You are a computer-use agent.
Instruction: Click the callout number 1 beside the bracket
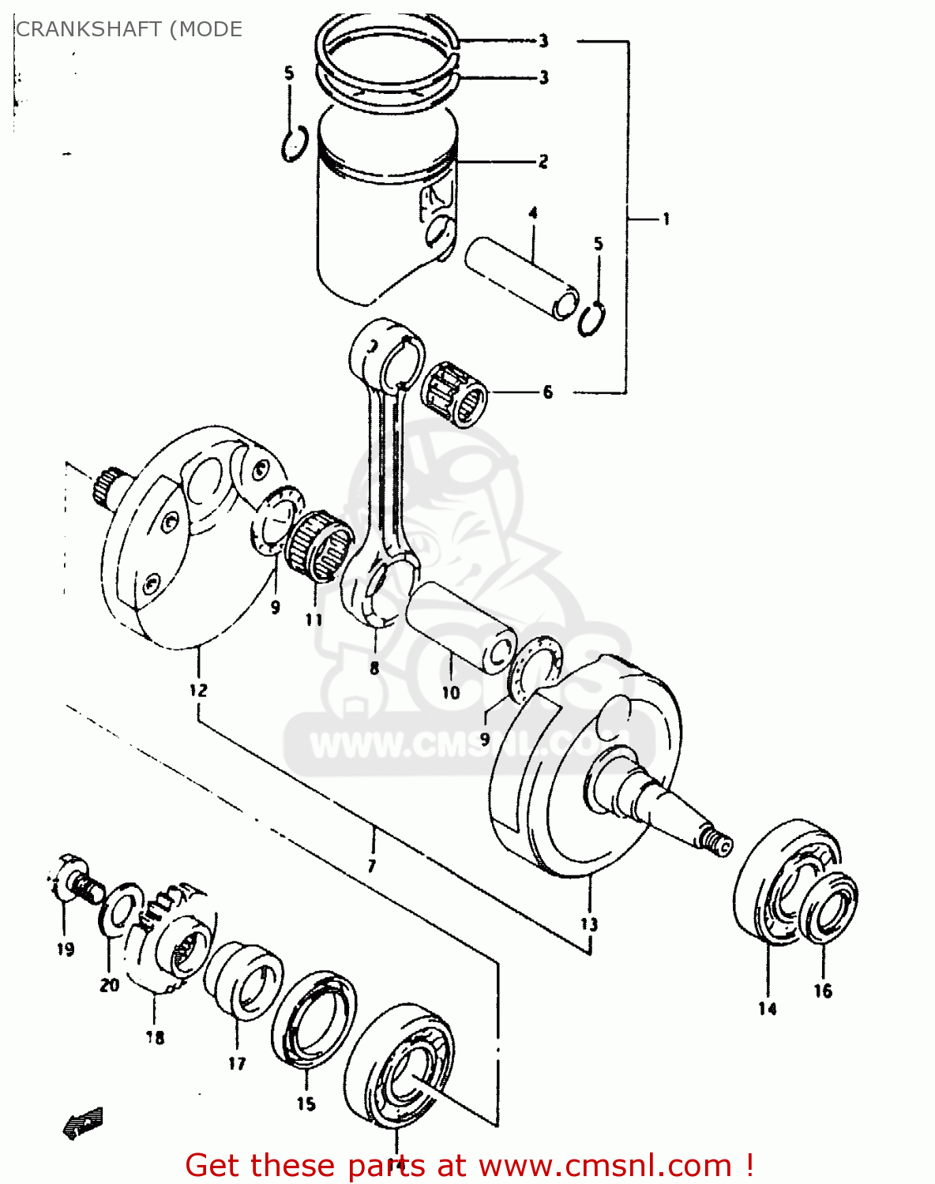666,219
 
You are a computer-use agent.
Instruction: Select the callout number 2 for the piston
543,161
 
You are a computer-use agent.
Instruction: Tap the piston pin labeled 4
521,279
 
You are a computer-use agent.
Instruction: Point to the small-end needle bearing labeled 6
456,392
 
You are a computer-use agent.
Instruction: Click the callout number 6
548,392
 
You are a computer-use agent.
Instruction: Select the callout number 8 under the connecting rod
374,668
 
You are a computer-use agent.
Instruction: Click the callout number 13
589,924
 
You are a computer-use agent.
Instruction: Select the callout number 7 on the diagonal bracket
371,865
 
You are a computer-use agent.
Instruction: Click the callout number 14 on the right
767,1008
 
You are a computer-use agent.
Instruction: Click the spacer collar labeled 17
243,980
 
